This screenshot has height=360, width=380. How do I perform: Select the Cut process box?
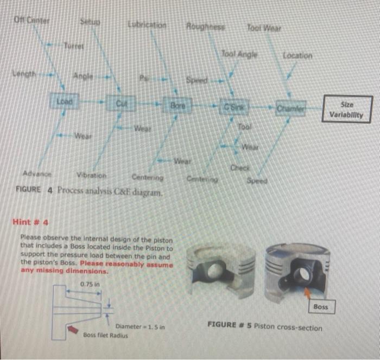(x=122, y=102)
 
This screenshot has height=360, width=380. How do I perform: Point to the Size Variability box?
(x=348, y=110)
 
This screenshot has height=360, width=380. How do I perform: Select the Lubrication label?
(x=147, y=25)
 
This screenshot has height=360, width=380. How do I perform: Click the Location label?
(x=297, y=56)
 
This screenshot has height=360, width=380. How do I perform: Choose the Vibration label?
(x=91, y=176)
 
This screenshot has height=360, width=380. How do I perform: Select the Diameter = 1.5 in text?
(x=140, y=327)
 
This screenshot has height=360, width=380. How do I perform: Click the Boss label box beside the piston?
(x=320, y=307)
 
